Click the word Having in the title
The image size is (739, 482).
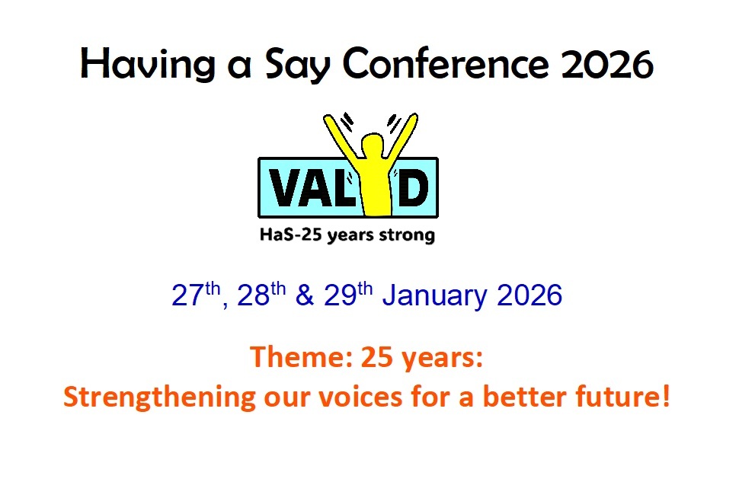coord(148,64)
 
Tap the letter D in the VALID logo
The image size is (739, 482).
coord(410,187)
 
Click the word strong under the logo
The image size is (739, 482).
coord(407,235)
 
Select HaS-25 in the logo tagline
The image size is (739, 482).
coord(291,235)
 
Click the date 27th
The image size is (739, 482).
coord(196,295)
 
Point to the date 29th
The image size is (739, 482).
coord(348,295)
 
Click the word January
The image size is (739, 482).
coord(434,296)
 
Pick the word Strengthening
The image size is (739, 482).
coord(159,397)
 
